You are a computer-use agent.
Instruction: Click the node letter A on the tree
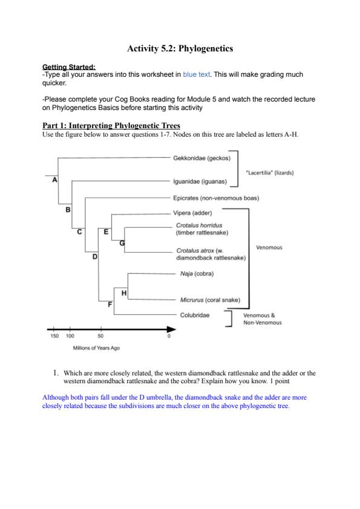54,180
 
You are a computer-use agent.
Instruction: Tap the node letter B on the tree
68,210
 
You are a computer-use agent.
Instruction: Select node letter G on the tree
122,243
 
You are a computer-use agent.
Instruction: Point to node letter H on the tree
124,293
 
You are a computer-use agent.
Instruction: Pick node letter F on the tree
110,305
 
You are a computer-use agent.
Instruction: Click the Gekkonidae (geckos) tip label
201,158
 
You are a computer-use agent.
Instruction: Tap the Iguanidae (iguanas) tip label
200,181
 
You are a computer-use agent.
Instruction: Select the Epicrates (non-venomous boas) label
216,198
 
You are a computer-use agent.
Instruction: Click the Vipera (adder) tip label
192,213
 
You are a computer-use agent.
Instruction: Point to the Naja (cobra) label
197,274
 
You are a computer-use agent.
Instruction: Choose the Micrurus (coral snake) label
210,300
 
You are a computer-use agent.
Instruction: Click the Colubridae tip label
195,315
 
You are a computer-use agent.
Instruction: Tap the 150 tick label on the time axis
54,336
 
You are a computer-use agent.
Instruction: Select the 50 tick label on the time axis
100,336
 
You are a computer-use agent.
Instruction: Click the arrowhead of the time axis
172,329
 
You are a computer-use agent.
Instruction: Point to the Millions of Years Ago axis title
96,348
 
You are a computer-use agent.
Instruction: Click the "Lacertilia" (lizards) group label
270,173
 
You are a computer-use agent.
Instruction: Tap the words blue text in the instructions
196,74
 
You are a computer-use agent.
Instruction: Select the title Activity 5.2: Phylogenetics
180,48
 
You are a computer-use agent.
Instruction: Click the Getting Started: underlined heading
69,67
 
